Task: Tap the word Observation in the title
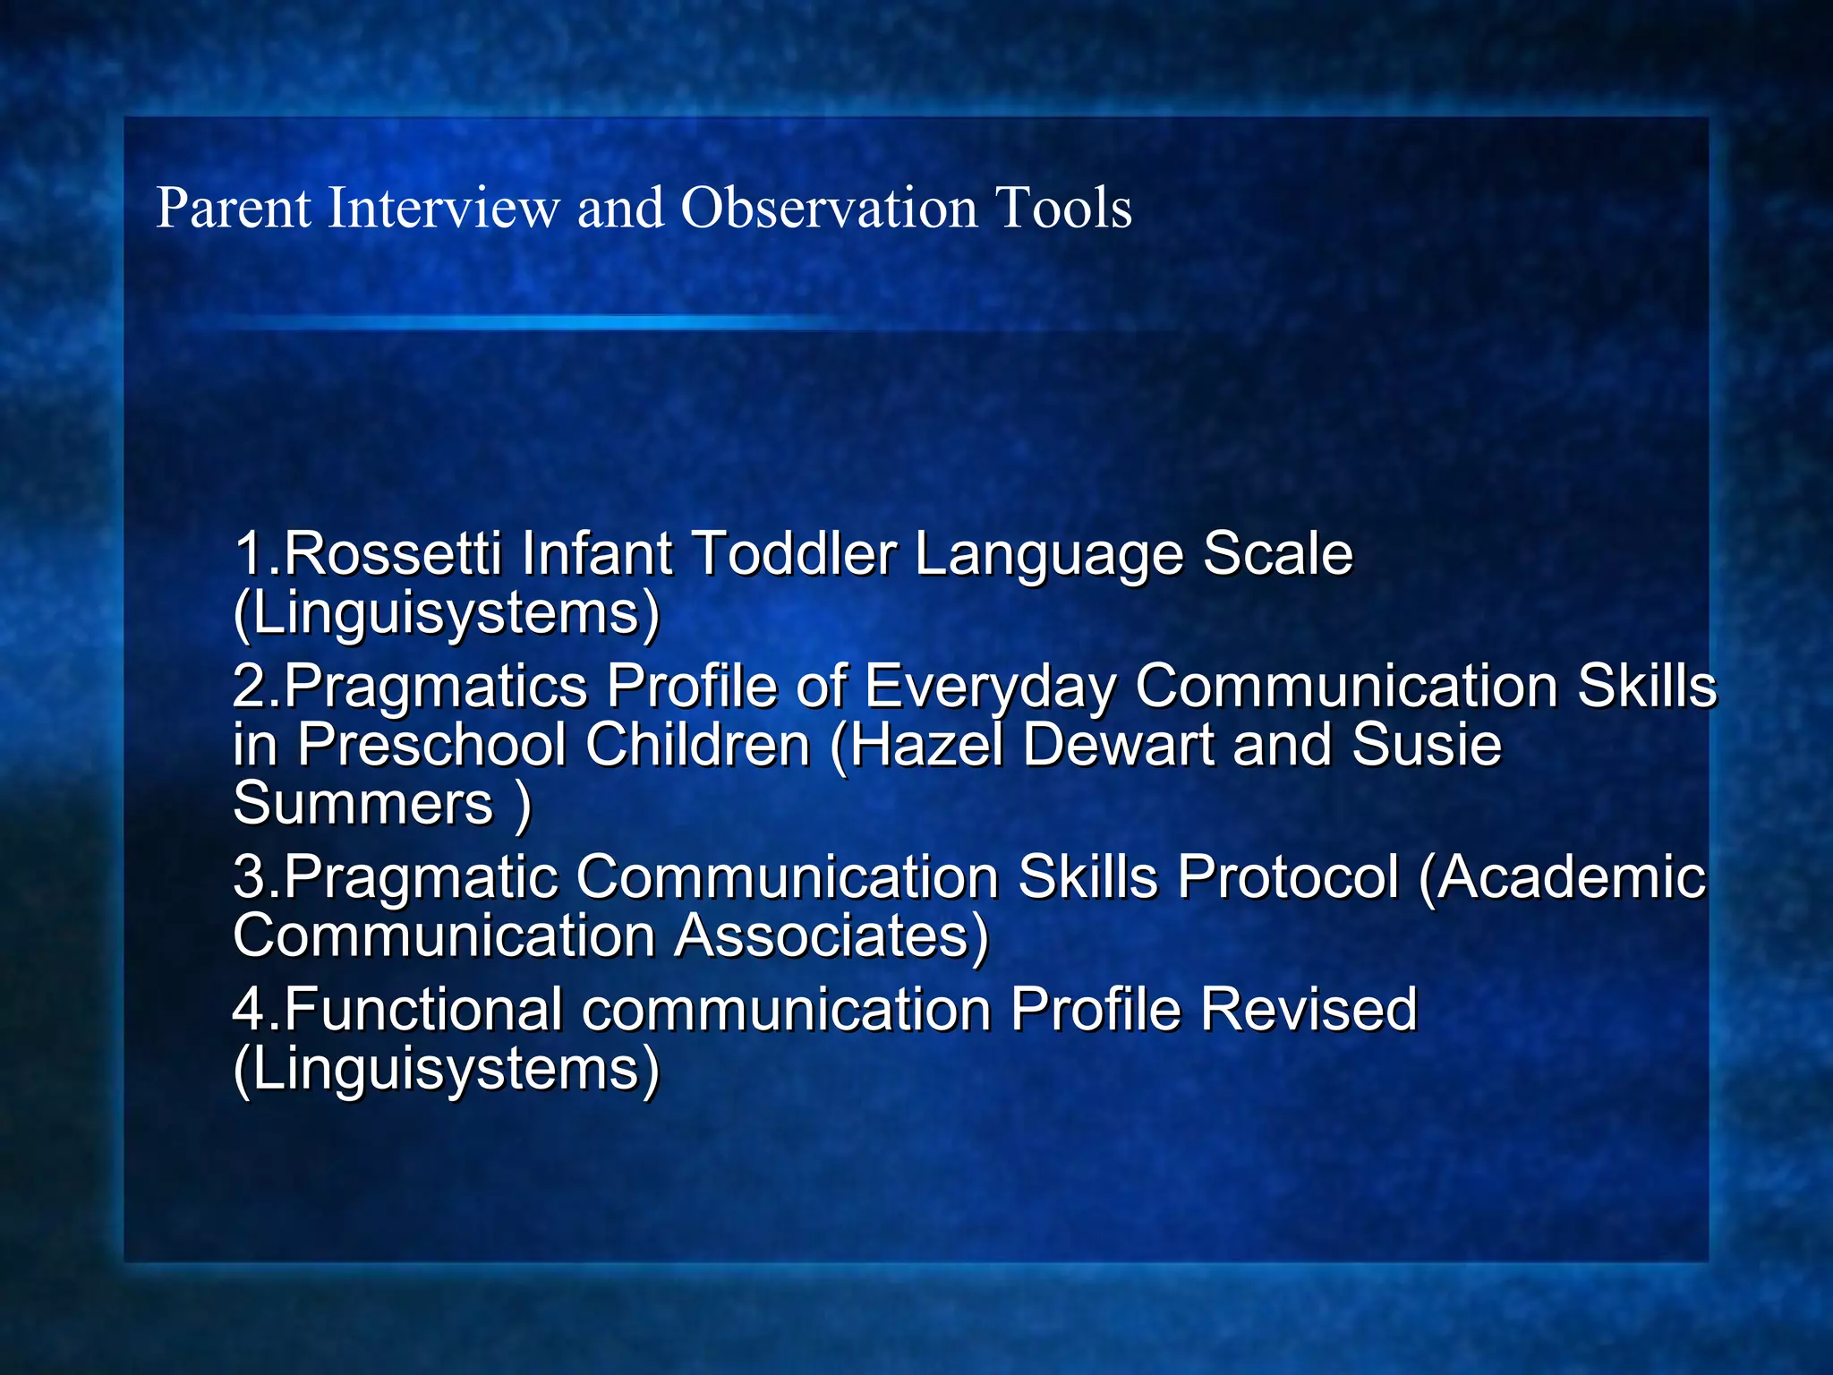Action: click(x=829, y=209)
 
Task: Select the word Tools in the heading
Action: click(x=1063, y=209)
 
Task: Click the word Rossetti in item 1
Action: click(x=392, y=553)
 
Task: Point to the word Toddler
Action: click(x=794, y=553)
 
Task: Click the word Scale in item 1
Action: click(x=1277, y=553)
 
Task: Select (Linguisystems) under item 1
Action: click(x=446, y=614)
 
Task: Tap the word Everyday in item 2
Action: click(x=990, y=687)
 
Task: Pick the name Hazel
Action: click(x=927, y=745)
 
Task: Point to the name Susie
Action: click(x=1426, y=745)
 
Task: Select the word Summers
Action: click(x=362, y=803)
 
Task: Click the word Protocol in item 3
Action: click(x=1287, y=876)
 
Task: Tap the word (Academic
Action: click(x=1563, y=876)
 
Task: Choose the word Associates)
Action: click(x=831, y=936)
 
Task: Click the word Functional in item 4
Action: click(x=423, y=1010)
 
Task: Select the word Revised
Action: click(x=1308, y=1010)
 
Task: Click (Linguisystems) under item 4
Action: click(x=446, y=1070)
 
